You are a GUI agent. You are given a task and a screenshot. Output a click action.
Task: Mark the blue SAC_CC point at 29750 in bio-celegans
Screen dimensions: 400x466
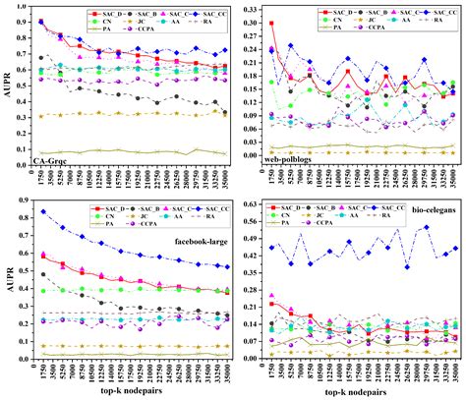(426, 227)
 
